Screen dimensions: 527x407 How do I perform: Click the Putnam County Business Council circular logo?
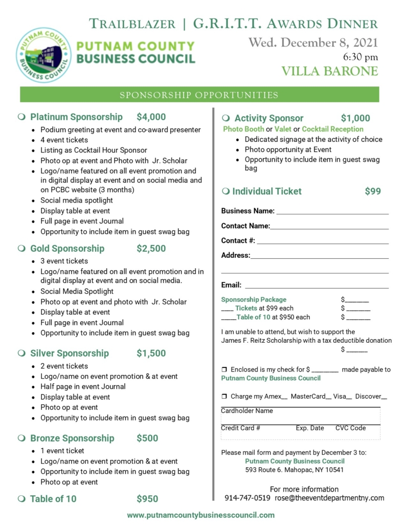(x=43, y=55)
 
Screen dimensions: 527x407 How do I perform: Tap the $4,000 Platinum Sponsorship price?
(x=151, y=117)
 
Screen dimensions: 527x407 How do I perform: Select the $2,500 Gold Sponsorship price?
(x=151, y=249)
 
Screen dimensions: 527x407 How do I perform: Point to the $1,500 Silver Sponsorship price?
(x=151, y=353)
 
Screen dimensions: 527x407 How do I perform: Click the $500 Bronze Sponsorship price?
(x=147, y=438)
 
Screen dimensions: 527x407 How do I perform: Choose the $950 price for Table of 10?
(x=147, y=499)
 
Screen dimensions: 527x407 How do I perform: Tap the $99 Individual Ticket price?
(x=373, y=191)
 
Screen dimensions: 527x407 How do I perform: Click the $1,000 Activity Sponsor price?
(x=355, y=118)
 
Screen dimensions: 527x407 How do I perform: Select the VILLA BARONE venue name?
(x=330, y=71)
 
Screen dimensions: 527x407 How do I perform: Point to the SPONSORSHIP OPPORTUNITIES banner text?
(x=199, y=95)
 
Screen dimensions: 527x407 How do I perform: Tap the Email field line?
(x=317, y=287)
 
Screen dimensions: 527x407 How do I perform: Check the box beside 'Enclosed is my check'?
(x=224, y=369)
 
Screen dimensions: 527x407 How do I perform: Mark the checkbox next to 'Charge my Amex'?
(x=224, y=397)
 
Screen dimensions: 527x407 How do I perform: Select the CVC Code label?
(x=351, y=428)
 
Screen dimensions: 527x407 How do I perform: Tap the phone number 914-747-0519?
(x=247, y=498)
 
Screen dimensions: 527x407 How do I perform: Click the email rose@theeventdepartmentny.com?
(x=329, y=498)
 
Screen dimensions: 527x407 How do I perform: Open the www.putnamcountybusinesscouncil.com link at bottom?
(x=200, y=515)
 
